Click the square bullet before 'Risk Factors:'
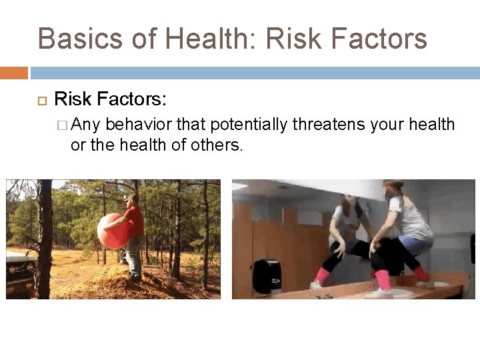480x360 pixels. [x=42, y=101]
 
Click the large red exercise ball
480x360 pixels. [x=111, y=231]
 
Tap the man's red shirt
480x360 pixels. [x=135, y=222]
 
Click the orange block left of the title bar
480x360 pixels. [x=13, y=73]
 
